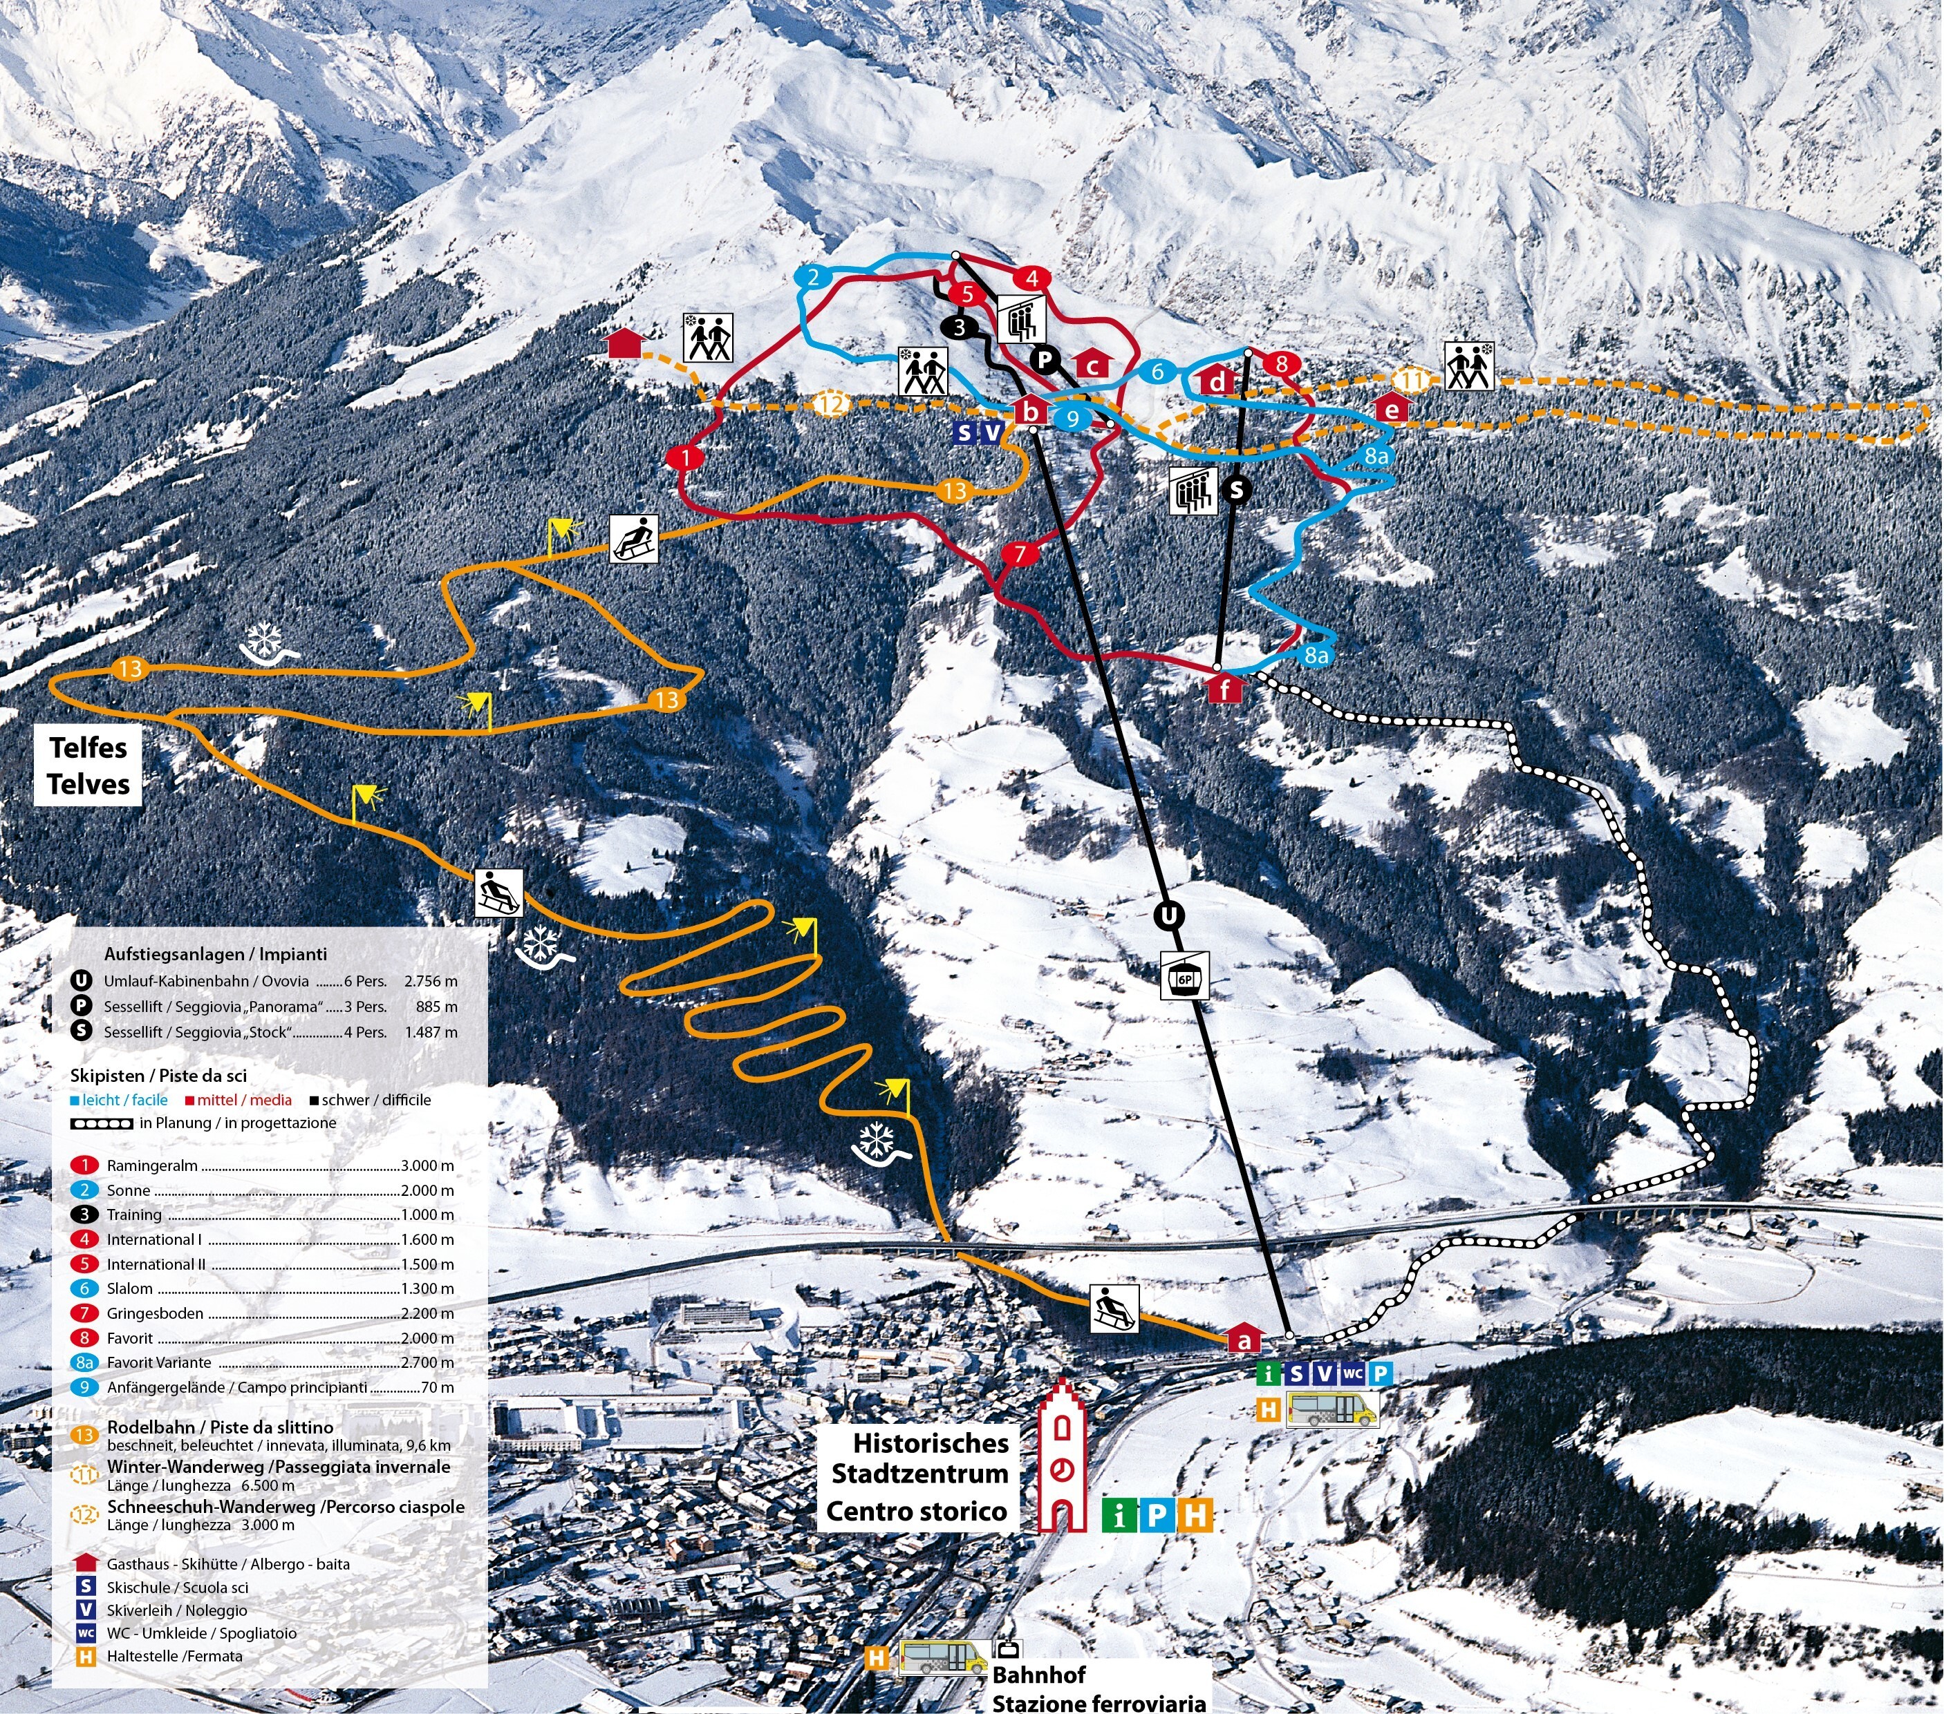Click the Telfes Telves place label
[x=88, y=765]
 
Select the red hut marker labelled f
[x=1225, y=687]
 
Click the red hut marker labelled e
[x=1392, y=409]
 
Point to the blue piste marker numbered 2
[x=812, y=278]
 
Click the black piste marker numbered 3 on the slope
[x=959, y=328]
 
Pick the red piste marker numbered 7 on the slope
[x=1020, y=553]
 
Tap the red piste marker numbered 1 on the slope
[x=685, y=457]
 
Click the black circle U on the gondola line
[x=1169, y=915]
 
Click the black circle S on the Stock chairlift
[x=1236, y=488]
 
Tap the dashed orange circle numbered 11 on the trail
[x=1412, y=380]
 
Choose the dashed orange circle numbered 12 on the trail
[x=831, y=404]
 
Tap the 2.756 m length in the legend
[x=430, y=980]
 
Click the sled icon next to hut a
[x=1114, y=1307]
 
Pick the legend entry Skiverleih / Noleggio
[x=176, y=1610]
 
